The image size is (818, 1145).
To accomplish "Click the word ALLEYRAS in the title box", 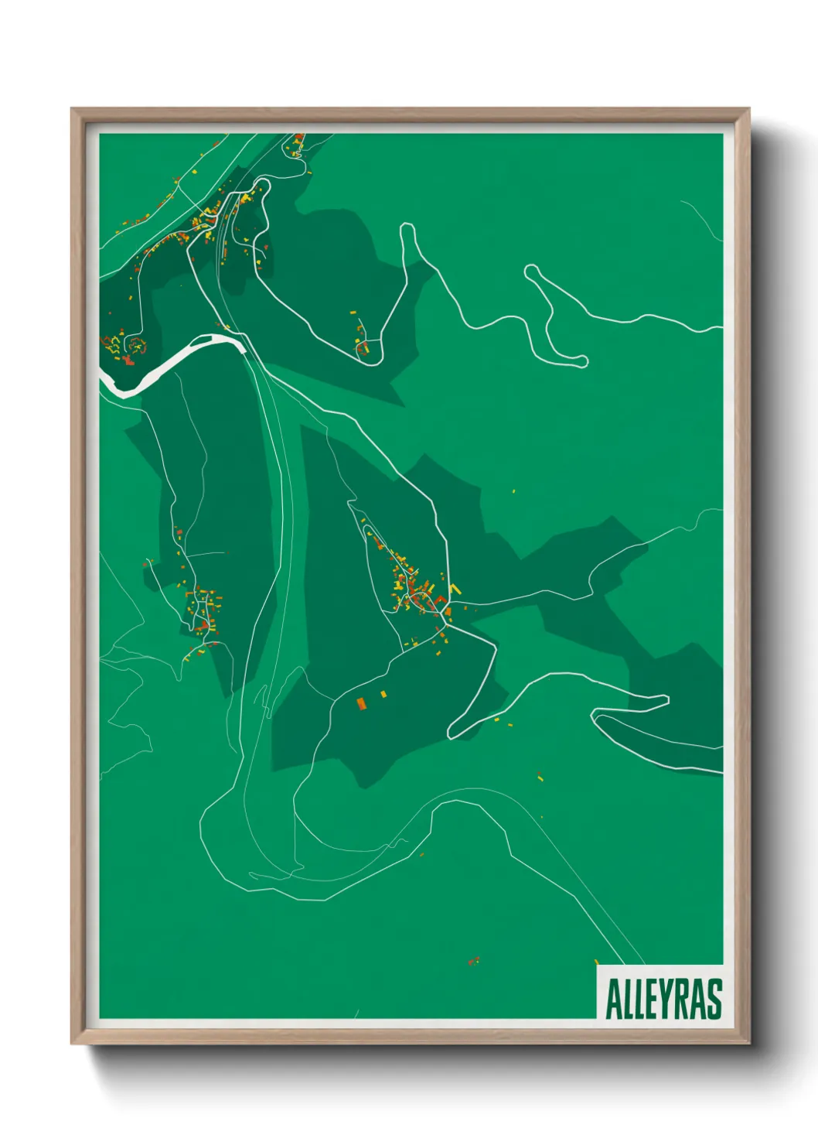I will tap(663, 999).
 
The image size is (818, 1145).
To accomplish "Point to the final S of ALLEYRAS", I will tap(714, 999).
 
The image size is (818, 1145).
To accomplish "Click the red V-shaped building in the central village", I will tap(439, 599).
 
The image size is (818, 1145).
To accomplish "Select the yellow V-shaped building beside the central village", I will tap(455, 590).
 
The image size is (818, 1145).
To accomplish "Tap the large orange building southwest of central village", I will tap(361, 702).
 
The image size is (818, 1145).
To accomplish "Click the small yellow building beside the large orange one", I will tap(383, 694).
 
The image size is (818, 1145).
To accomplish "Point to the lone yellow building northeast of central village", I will tap(513, 490).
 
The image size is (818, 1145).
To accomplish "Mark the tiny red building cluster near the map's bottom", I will tap(473, 961).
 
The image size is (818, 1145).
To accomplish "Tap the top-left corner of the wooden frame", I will tap(73, 110).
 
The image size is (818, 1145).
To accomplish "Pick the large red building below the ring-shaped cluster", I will tap(128, 359).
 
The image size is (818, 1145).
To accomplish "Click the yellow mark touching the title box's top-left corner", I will tap(596, 962).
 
